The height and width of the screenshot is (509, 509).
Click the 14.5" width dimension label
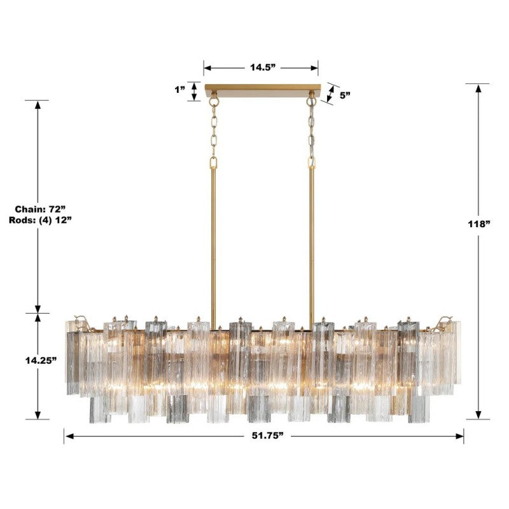pyautogui.click(x=261, y=67)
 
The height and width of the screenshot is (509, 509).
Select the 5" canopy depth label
pyautogui.click(x=345, y=95)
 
